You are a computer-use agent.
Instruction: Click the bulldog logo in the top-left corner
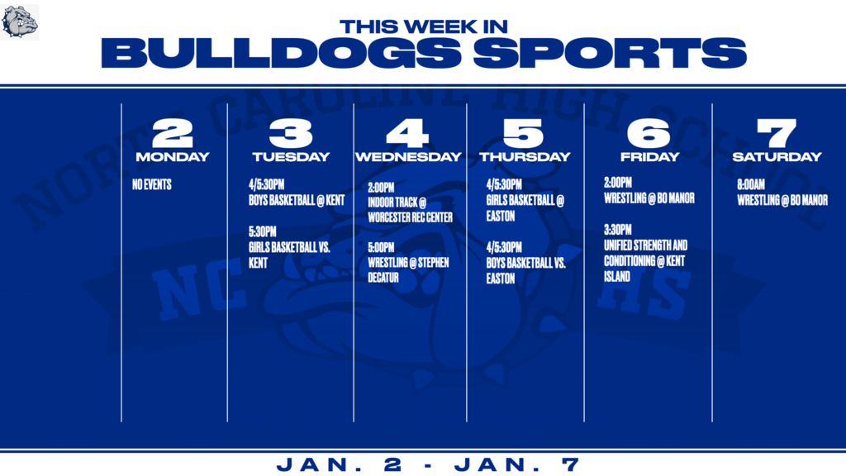tap(20, 22)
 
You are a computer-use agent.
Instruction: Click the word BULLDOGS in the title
tap(281, 53)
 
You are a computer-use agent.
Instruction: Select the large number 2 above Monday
tap(173, 133)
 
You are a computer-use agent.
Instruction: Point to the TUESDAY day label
tap(291, 157)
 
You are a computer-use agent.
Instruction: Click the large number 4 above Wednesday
tap(407, 133)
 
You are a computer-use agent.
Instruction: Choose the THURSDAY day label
tap(525, 157)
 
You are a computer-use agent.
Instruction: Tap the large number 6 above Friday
tap(649, 133)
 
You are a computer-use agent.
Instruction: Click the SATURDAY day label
tap(777, 157)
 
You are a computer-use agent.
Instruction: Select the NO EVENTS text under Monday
tap(152, 184)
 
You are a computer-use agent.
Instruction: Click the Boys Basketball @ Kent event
tap(297, 200)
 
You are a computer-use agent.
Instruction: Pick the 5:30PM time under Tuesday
tap(262, 231)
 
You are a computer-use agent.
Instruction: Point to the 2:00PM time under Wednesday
tap(381, 188)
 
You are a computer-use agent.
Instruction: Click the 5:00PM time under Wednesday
tap(381, 247)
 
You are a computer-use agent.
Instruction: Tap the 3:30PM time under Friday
tap(618, 230)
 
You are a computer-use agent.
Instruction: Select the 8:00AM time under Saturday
tap(751, 184)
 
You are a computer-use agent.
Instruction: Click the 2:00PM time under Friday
tap(618, 183)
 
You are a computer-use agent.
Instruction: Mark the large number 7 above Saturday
tap(777, 133)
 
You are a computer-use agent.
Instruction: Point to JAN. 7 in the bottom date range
tap(517, 464)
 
